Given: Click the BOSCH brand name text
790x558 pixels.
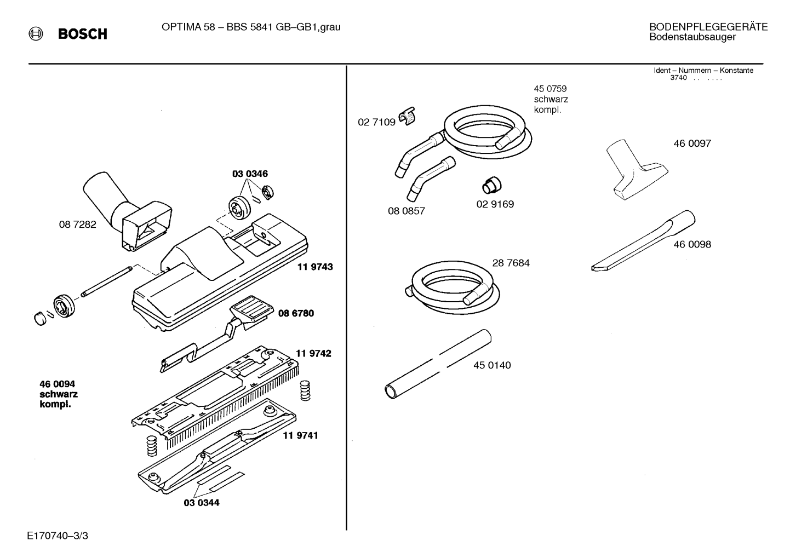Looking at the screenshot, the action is [x=83, y=34].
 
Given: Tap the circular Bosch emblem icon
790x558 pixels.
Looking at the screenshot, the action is [x=36, y=34].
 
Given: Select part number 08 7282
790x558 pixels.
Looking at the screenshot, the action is [x=78, y=225].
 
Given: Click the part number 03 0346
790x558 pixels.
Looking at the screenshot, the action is [x=250, y=174].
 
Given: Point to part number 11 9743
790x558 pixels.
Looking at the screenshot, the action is [x=315, y=267].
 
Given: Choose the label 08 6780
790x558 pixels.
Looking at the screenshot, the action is [x=296, y=313].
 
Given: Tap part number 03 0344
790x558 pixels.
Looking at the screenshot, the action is [x=202, y=503].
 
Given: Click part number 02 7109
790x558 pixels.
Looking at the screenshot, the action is [x=377, y=122].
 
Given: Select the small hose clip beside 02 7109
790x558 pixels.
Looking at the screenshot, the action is [x=407, y=116].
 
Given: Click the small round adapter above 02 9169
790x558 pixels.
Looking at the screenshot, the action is [x=491, y=185].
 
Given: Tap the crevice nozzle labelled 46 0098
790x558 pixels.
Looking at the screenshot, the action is [x=643, y=240].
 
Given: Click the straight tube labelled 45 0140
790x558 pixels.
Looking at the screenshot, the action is [x=438, y=364].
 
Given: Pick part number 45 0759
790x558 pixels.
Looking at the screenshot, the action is [x=550, y=89].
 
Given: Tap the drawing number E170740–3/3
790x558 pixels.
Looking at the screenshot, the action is [x=58, y=536].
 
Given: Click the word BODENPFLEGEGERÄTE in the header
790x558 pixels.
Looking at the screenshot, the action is [x=708, y=27].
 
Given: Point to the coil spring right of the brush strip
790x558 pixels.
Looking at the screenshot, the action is [x=305, y=390].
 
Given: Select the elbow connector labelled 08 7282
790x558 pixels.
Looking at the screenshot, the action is [x=128, y=212].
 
